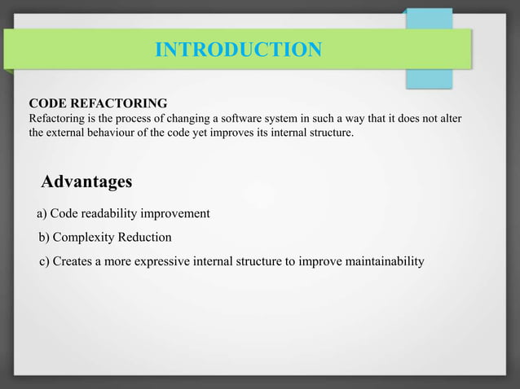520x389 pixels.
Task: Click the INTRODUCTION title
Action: pos(238,50)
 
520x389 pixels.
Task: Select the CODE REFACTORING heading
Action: pos(99,103)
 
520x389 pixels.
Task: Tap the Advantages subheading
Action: pos(86,181)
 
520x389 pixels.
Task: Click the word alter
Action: pos(450,119)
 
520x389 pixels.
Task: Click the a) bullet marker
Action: pos(42,213)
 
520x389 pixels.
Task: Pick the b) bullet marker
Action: pos(44,238)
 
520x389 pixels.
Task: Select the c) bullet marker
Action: pos(45,261)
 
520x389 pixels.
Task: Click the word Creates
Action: pos(72,261)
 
